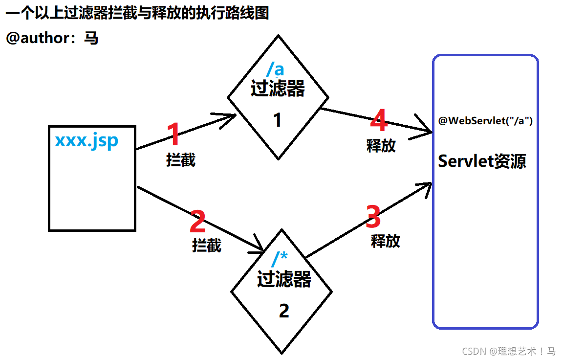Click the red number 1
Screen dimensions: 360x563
pos(173,135)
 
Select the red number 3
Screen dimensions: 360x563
pos(373,217)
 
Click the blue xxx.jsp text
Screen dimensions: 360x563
pos(87,140)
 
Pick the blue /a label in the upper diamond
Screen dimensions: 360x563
pos(275,69)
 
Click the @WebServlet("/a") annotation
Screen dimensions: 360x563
pos(485,121)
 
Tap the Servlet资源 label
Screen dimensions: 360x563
pos(482,161)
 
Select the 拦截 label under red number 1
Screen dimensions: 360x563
pos(181,160)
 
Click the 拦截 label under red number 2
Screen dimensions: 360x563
pos(207,245)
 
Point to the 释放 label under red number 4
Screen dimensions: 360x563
pos(381,145)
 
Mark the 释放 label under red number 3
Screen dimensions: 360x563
pos(386,241)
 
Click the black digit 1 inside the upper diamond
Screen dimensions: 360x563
pos(278,120)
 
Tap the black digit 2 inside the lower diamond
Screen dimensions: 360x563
pos(284,311)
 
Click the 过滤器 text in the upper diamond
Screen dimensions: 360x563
pos(278,90)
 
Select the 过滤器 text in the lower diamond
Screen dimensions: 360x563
pos(284,280)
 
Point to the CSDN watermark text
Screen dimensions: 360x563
pos(508,351)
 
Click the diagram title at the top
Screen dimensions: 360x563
pos(137,13)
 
